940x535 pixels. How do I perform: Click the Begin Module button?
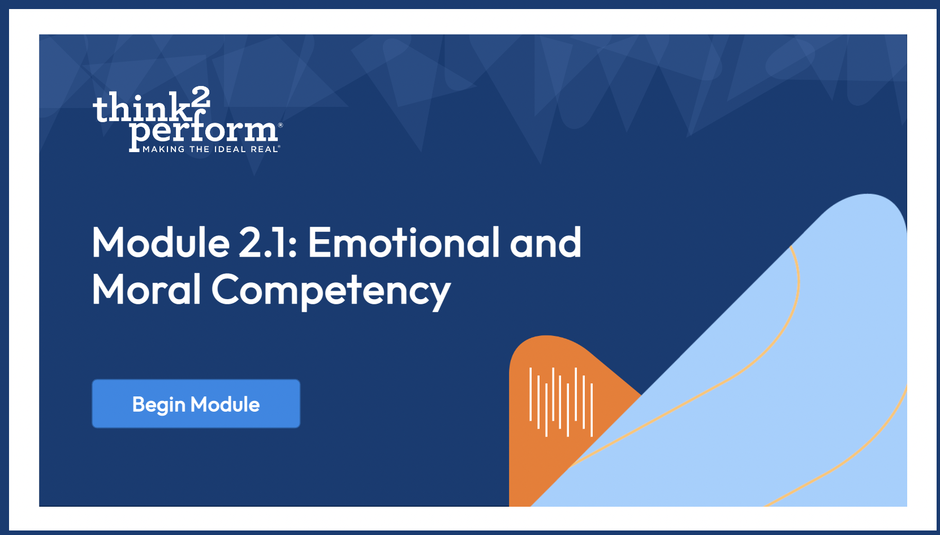tap(196, 404)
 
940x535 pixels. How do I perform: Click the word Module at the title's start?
tap(161, 243)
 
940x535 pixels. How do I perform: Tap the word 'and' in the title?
tap(546, 243)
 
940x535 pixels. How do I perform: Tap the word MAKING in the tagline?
tap(163, 149)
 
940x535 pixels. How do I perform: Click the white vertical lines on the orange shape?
tap(561, 402)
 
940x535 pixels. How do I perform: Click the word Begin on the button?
tap(158, 405)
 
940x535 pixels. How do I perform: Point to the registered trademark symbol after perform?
tap(281, 125)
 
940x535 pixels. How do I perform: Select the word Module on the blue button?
tap(225, 404)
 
